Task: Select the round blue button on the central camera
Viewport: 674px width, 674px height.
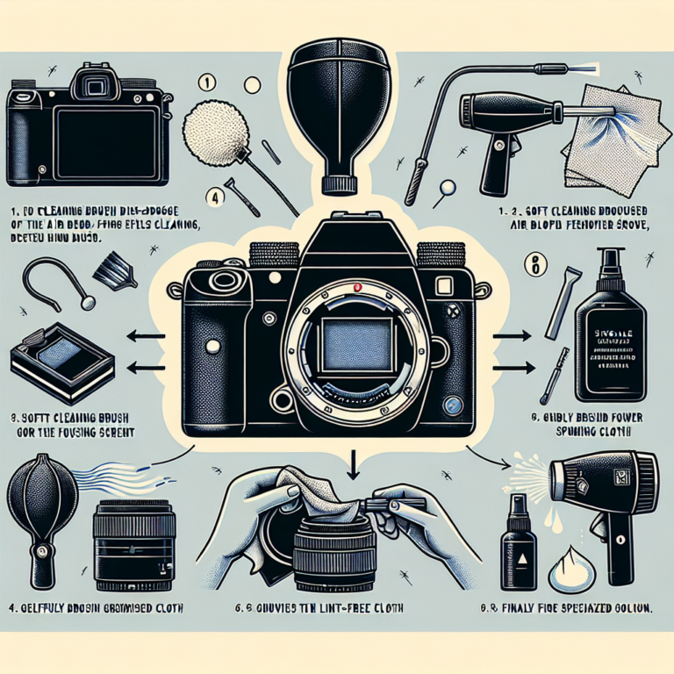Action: point(453,405)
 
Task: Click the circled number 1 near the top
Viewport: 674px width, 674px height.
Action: point(208,84)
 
